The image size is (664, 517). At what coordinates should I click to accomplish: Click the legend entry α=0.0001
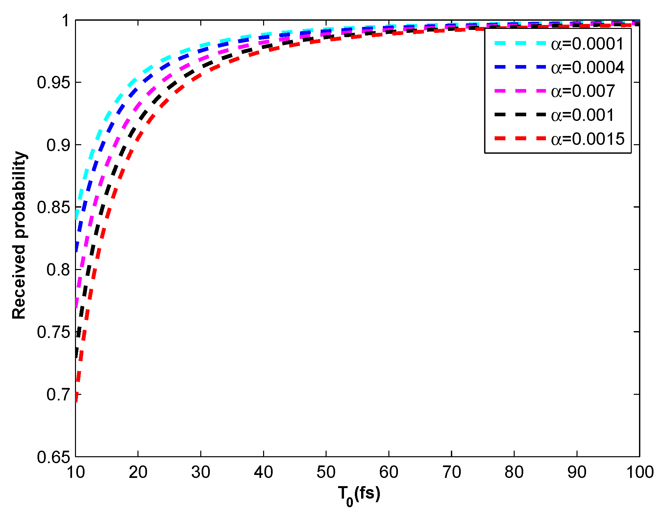587,44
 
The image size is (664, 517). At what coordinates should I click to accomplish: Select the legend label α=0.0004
587,68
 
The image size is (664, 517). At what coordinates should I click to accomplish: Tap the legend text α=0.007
583,91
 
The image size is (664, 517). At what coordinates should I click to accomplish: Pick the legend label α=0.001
582,115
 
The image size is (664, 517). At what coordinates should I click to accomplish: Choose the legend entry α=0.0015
587,139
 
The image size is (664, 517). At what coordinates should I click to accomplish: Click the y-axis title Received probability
19,235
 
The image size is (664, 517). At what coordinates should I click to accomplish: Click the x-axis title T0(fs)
359,495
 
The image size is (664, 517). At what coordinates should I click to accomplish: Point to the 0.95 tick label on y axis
54,82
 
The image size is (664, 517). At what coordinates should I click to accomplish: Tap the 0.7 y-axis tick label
58,394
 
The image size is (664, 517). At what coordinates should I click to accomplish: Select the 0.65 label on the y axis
54,457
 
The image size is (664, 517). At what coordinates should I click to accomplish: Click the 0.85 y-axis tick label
54,207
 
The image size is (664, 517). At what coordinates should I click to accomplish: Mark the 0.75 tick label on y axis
54,332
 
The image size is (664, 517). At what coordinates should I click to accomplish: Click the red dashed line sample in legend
520,139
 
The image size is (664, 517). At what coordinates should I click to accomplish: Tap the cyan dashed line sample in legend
520,44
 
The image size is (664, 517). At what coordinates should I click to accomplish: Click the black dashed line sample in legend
520,115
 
